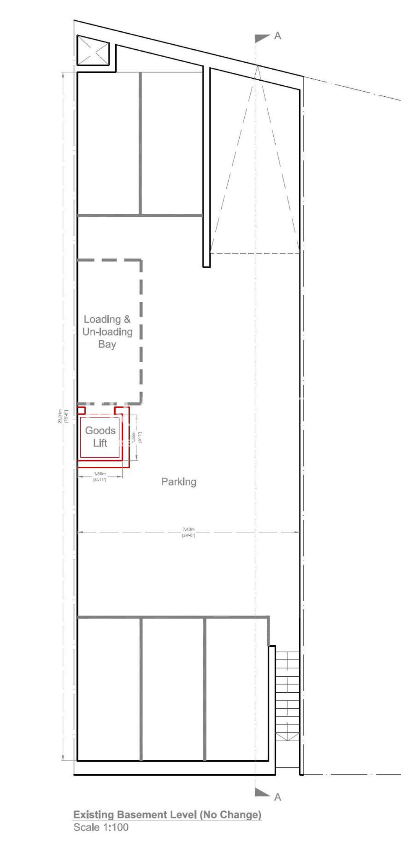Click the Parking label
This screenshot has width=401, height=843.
[x=179, y=482]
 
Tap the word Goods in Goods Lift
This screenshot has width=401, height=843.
[x=100, y=430]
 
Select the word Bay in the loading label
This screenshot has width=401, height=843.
[x=107, y=345]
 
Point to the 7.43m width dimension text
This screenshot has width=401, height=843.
[x=188, y=529]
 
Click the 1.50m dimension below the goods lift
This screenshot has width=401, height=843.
[x=100, y=474]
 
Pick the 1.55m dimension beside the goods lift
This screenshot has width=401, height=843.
[x=134, y=437]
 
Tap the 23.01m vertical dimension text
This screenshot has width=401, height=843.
[x=60, y=416]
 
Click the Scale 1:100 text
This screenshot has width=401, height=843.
[x=101, y=827]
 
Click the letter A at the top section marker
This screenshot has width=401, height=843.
[x=278, y=36]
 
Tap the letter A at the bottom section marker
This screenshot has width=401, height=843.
[x=278, y=797]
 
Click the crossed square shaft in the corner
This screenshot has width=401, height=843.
[x=93, y=51]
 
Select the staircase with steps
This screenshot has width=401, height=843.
[x=287, y=695]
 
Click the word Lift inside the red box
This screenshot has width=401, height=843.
[x=100, y=443]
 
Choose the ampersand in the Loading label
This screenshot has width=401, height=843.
[x=127, y=319]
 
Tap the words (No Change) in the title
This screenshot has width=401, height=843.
[x=231, y=815]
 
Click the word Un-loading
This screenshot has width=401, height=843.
[x=107, y=332]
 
